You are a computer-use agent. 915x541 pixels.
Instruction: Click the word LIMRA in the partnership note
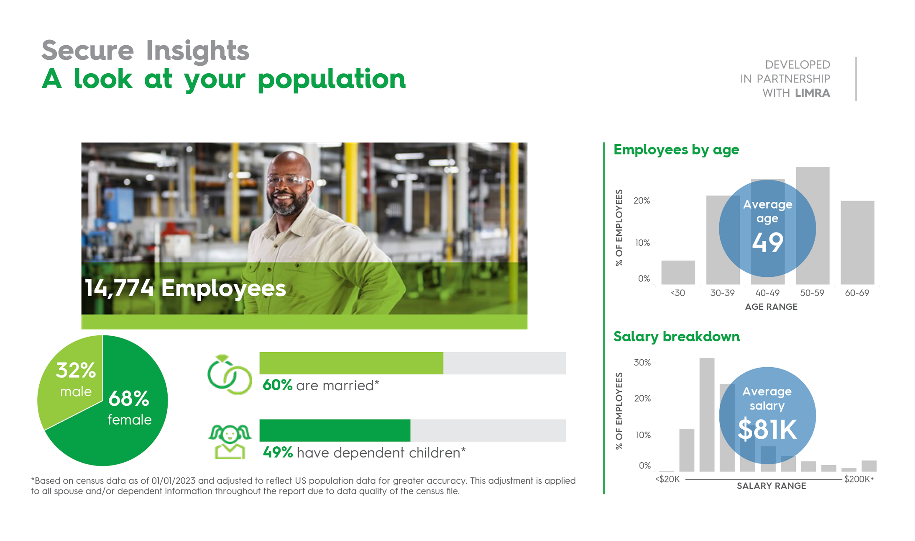pos(813,93)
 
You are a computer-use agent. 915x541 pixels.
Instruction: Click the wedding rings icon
pos(230,374)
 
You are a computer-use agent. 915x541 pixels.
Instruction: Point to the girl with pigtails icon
pos(230,442)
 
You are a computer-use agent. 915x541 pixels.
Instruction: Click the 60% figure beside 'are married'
pos(277,385)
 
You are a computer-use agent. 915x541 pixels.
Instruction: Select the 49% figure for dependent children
pos(278,453)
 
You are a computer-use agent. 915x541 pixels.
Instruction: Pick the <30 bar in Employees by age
pos(678,273)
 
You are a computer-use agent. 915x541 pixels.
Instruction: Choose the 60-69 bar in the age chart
pos(857,243)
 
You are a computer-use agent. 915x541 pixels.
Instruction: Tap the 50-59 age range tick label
pos(812,293)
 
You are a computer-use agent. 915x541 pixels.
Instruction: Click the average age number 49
pos(767,242)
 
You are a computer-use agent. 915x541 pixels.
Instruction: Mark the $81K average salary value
pos(767,430)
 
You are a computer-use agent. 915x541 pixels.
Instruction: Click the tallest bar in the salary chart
pos(707,415)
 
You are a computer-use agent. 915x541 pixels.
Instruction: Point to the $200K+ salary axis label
pos(859,479)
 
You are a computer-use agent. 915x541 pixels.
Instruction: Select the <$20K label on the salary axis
pos(667,479)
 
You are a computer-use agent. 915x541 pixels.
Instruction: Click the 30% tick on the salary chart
pos(642,363)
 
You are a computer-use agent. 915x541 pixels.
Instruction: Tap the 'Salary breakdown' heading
pos(676,337)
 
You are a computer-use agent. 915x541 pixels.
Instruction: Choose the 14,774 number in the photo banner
pos(119,289)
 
